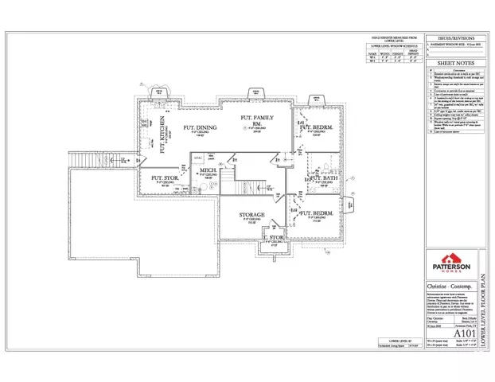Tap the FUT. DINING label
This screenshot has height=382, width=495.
tap(199, 127)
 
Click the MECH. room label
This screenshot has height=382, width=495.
tap(209, 170)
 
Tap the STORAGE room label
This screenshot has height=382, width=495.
tap(252, 215)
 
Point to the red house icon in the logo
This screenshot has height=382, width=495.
tap(450, 259)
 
